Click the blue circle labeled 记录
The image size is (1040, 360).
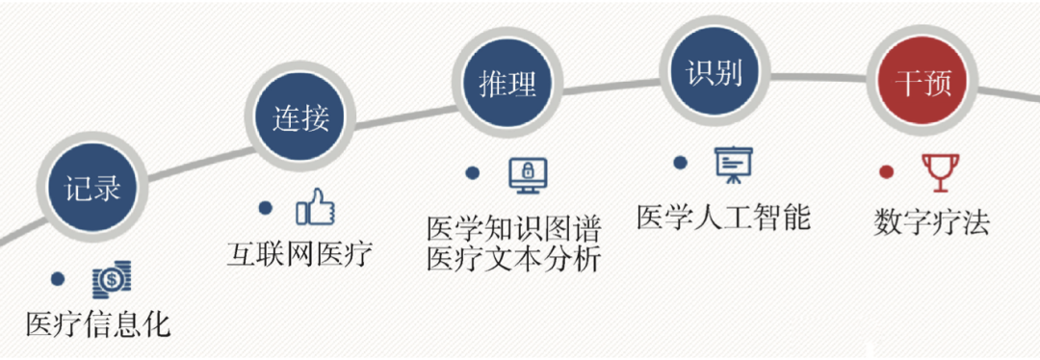[93, 187]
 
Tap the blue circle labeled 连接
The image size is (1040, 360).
[300, 117]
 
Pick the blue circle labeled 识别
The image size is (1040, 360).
[714, 73]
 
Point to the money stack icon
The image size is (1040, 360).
[112, 279]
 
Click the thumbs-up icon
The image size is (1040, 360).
[315, 206]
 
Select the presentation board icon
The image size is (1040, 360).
[733, 165]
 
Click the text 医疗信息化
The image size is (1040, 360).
[98, 322]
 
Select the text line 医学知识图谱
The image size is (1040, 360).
[514, 228]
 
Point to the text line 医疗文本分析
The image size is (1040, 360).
[514, 260]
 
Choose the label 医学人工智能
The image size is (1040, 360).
[723, 217]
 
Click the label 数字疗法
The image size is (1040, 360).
[931, 222]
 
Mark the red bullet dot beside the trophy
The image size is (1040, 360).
[886, 172]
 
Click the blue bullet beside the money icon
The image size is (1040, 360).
[58, 279]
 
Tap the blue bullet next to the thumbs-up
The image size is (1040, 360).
[265, 207]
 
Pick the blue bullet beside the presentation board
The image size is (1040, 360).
[680, 164]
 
